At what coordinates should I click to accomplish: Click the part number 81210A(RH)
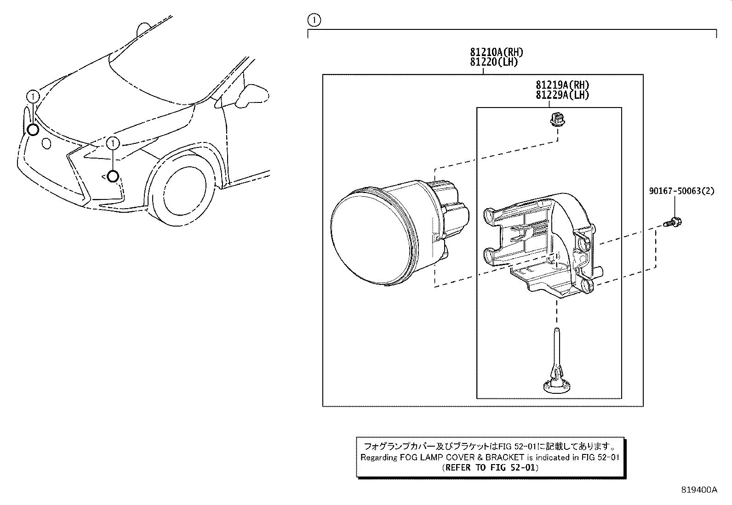(496, 52)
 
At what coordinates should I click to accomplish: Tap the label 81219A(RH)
(562, 85)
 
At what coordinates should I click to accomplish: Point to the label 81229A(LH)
(562, 95)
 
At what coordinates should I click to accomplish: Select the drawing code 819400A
(699, 490)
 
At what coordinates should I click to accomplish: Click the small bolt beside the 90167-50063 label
(674, 222)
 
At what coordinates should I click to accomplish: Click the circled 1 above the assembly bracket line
(314, 20)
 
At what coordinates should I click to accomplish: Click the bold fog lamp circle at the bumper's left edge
(33, 130)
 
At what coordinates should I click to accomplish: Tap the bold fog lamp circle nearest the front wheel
(113, 176)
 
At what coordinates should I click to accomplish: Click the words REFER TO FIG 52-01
(490, 468)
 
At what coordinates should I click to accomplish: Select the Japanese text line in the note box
(490, 446)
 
